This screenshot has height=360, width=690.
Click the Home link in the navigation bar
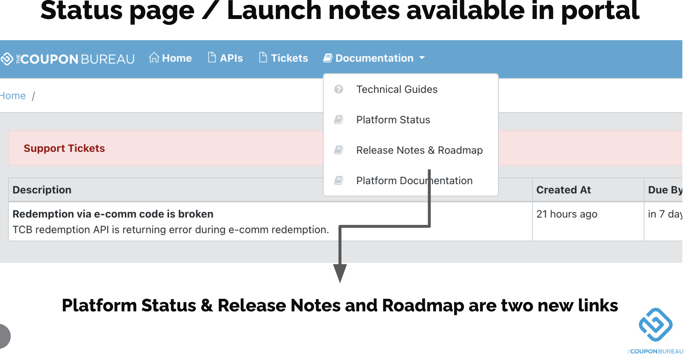[x=170, y=58]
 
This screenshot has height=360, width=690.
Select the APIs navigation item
[x=225, y=58]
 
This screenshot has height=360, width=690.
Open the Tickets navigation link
[x=284, y=58]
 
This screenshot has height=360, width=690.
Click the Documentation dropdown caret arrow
[x=422, y=58]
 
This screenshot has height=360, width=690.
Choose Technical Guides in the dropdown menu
[x=397, y=89]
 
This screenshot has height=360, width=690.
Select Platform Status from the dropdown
[x=393, y=120]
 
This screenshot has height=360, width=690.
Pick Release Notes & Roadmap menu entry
[x=419, y=150]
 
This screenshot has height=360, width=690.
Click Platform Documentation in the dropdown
[x=414, y=181]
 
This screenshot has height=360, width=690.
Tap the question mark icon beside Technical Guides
[x=339, y=89]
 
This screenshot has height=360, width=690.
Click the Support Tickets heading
[x=64, y=148]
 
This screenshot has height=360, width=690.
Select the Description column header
[x=42, y=190]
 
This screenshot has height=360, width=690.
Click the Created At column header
[x=564, y=190]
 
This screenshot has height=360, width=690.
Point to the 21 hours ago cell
[x=567, y=214]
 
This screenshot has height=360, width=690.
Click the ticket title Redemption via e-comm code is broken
[x=113, y=214]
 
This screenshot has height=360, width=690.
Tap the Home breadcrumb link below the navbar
[x=13, y=96]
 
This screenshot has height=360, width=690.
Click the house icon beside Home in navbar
[x=154, y=57]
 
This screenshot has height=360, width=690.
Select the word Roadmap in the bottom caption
[x=423, y=306]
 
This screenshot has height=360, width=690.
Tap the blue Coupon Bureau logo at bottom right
[x=656, y=325]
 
